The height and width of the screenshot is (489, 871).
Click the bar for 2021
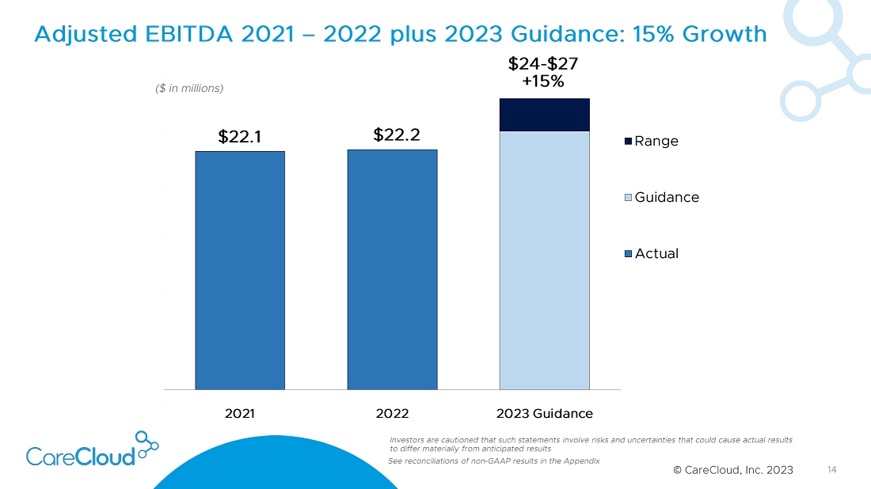240,270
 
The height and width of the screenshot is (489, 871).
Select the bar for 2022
392,269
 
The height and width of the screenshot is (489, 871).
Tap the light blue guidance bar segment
544,260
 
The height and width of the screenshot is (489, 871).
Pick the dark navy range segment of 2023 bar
544,115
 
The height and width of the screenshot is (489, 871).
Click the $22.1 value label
240,137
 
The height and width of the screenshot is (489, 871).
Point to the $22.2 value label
396,135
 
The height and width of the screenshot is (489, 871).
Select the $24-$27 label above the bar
542,63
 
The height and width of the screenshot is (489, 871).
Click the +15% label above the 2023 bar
543,81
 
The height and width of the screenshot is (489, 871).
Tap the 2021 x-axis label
240,413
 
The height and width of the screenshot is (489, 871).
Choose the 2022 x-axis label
392,413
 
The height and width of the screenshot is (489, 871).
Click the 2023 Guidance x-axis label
545,413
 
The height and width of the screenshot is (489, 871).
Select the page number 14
831,470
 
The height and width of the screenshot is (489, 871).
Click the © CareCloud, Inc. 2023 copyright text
732,470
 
